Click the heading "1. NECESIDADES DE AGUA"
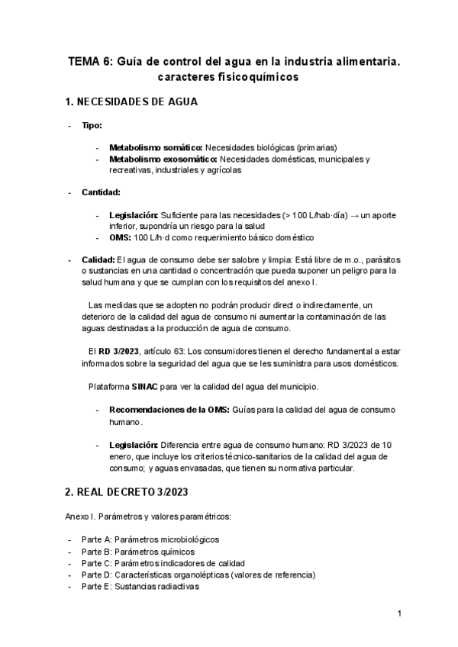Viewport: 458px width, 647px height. click(x=133, y=101)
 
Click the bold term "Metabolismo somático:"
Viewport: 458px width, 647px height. click(x=156, y=147)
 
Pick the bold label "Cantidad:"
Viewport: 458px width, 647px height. click(x=101, y=192)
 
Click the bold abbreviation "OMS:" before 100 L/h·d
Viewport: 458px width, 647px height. click(x=121, y=237)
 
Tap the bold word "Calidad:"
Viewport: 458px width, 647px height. click(x=98, y=259)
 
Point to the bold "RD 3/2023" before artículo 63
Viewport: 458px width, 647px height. click(x=119, y=351)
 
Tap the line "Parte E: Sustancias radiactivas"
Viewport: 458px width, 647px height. click(x=140, y=587)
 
